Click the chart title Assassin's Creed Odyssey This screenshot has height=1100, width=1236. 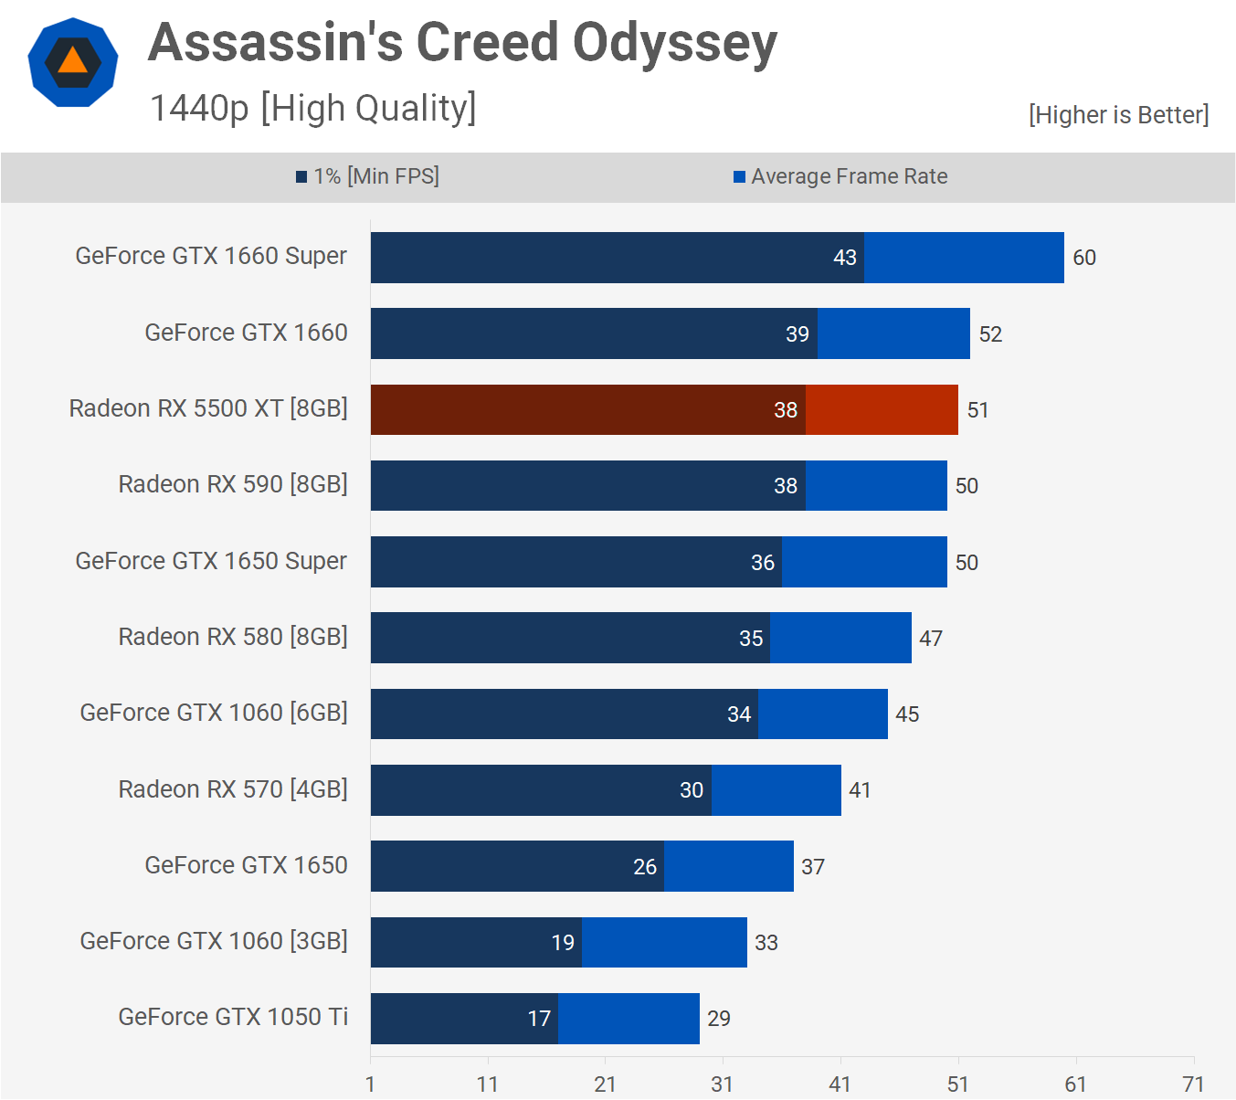462,43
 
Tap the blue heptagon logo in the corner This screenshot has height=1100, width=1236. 73,62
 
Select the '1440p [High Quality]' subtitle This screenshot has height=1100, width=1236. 312,108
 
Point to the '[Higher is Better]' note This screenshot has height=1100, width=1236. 1118,115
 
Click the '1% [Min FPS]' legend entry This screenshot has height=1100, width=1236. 368,176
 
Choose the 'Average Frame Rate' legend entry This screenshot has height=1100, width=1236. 840,176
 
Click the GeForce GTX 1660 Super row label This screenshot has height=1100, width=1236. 211,256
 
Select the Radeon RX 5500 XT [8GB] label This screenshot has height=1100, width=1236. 208,408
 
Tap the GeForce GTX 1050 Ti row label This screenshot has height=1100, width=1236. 233,1017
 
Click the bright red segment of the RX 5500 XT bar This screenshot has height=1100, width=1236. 882,409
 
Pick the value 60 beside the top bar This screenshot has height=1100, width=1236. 1084,258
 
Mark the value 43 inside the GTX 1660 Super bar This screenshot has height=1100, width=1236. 845,258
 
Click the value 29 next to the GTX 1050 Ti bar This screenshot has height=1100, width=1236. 719,1019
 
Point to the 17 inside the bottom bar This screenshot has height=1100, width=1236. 539,1019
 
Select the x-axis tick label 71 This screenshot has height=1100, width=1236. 1193,1084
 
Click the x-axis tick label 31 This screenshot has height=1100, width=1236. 723,1084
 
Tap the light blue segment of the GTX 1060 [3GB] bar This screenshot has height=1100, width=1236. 664,942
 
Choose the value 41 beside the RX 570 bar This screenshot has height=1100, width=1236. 860,790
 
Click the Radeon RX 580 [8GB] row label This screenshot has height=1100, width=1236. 233,637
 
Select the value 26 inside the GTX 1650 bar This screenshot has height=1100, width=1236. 645,867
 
